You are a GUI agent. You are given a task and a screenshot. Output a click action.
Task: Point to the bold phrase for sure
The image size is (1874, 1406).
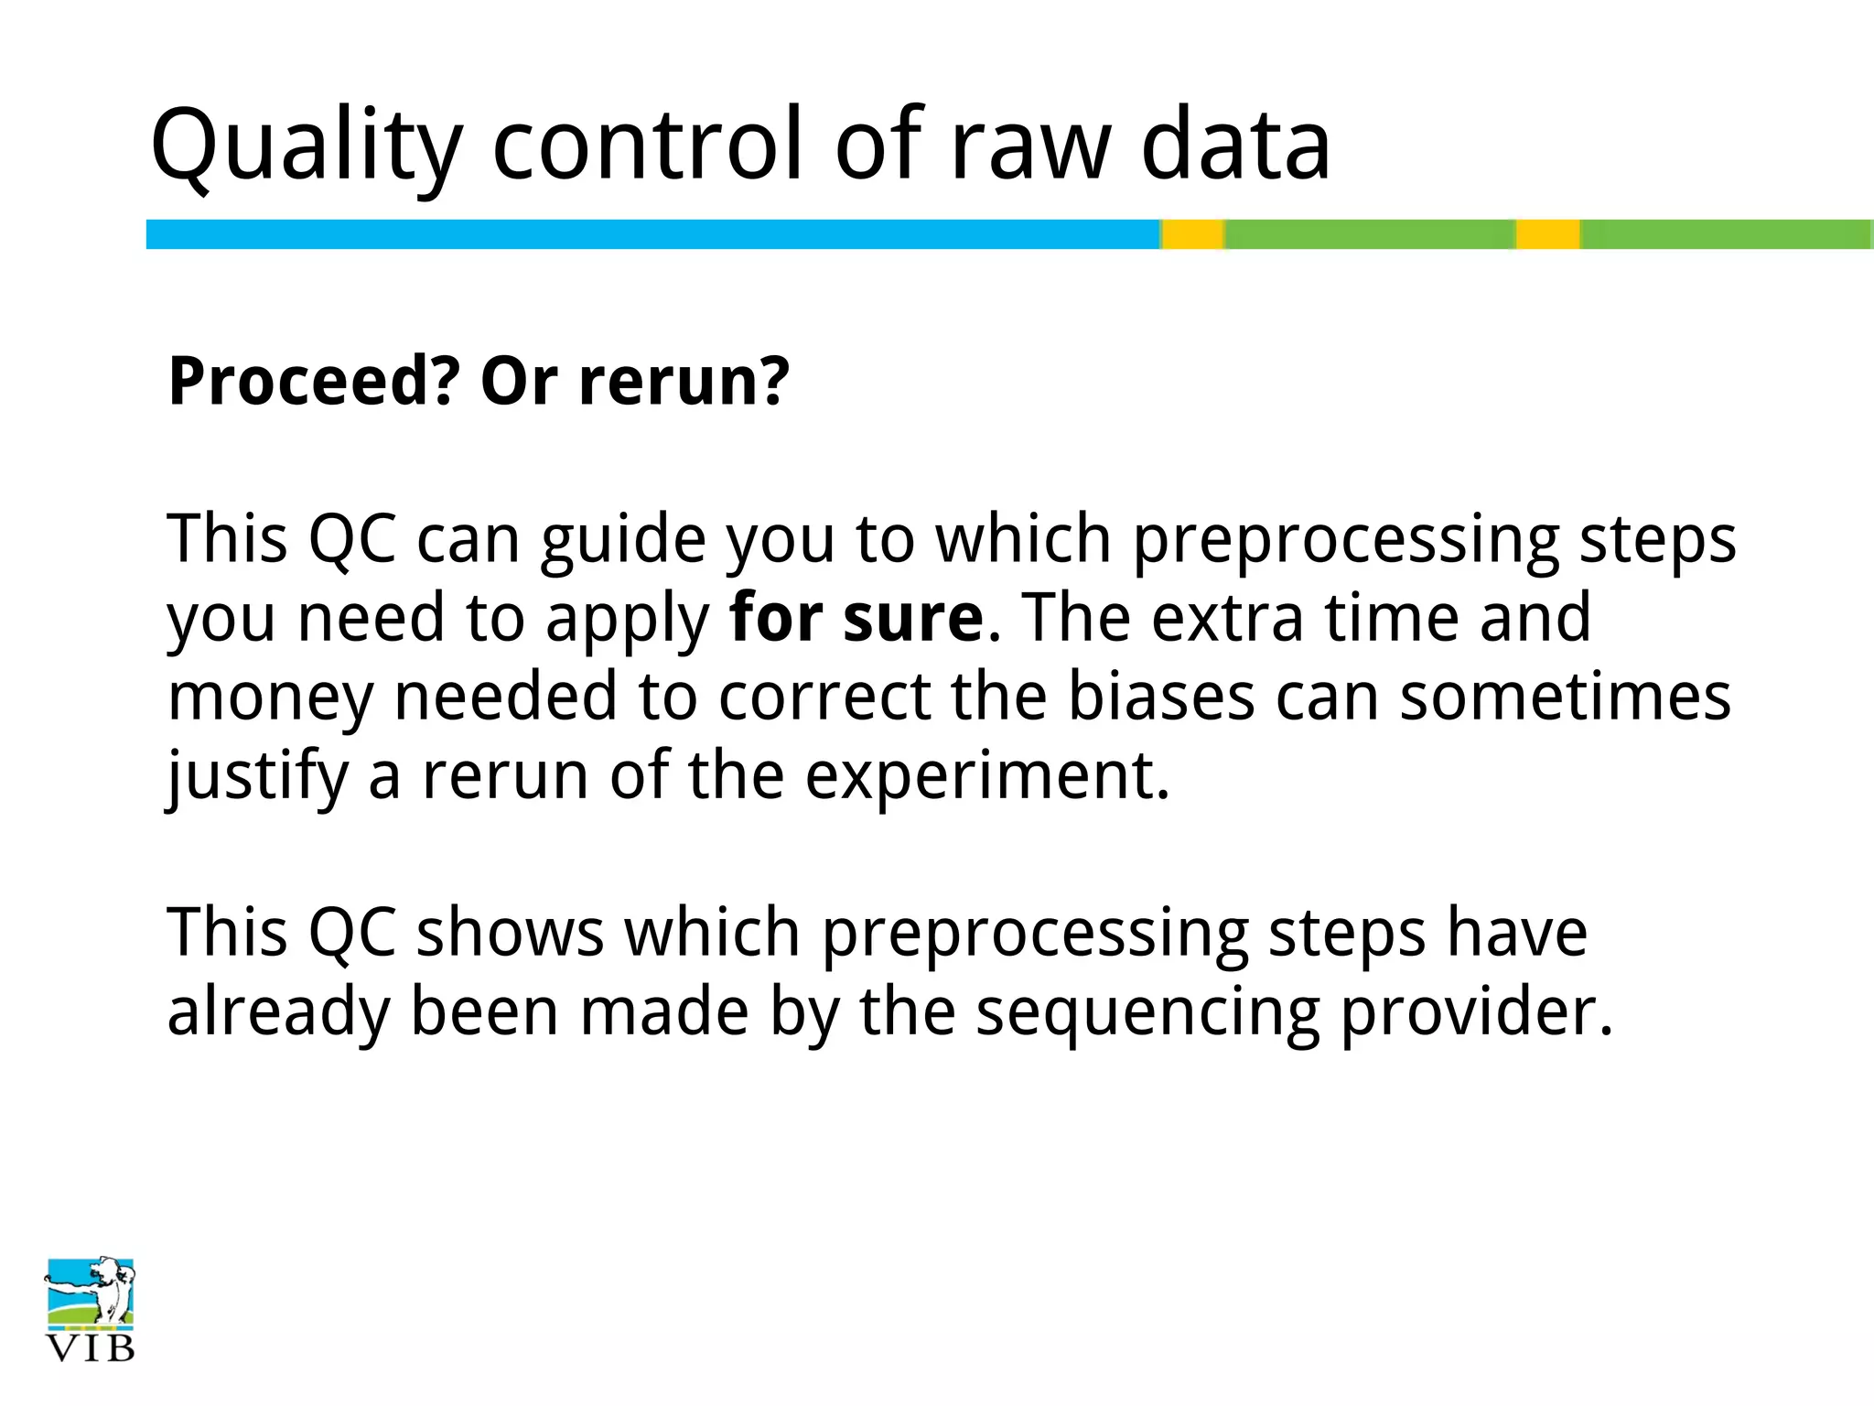[x=856, y=618]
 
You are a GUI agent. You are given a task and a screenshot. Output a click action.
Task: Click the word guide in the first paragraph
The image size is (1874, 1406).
[x=623, y=540]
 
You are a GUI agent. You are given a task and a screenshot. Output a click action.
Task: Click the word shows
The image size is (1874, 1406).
[x=510, y=934]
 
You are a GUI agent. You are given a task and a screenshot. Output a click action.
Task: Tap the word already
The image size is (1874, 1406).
[x=278, y=1013]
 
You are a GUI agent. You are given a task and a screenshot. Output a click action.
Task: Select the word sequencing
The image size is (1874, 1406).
[x=1147, y=1013]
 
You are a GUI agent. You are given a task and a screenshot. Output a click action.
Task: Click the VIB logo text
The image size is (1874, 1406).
[x=90, y=1348]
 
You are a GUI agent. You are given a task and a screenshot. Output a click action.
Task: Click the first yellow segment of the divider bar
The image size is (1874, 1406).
[x=1192, y=234]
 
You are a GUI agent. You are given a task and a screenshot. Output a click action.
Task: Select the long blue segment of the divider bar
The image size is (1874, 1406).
[x=652, y=234]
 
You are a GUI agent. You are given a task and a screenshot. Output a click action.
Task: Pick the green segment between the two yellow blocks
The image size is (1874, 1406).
[x=1370, y=234]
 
